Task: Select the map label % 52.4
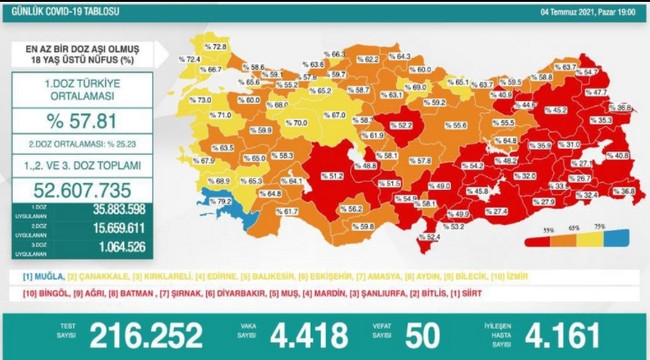tap(428, 237)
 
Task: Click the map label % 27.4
tap(498, 211)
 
